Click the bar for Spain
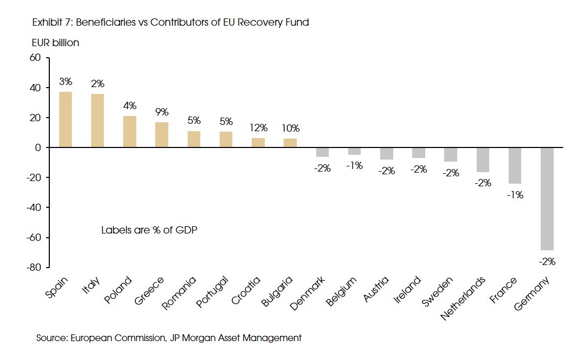click(66, 120)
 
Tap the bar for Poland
click(130, 132)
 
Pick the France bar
click(515, 165)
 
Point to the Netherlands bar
click(483, 160)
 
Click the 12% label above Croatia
click(259, 128)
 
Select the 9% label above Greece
click(162, 112)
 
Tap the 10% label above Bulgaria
click(290, 128)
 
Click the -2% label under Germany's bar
click(547, 261)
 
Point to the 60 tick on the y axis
click(35, 58)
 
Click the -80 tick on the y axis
click(33, 267)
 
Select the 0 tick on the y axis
click(38, 147)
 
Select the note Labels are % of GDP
click(149, 230)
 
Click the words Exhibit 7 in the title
click(52, 22)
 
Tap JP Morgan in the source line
click(186, 338)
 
